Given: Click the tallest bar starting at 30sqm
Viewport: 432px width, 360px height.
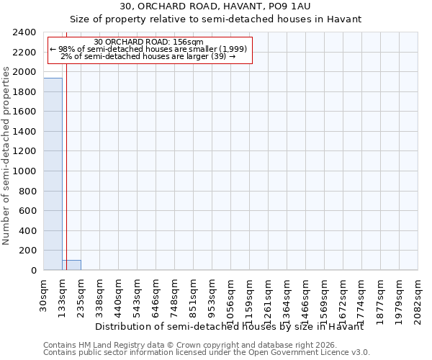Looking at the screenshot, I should tap(53, 174).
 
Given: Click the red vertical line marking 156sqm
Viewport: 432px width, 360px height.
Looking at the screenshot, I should tap(66, 158).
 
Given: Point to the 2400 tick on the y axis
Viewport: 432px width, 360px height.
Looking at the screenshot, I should tap(25, 32).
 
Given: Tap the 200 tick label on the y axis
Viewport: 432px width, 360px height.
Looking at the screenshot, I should tap(28, 251).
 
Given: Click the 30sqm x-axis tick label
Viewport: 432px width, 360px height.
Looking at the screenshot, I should tap(44, 293).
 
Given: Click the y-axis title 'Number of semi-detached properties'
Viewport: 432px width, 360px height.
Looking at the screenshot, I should tap(6, 156).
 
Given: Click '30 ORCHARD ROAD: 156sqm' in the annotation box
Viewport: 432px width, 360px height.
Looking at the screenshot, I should tap(149, 42).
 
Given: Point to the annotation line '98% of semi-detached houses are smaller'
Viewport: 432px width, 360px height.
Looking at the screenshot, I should tap(149, 49).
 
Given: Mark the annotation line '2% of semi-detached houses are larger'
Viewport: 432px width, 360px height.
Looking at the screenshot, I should tap(149, 56).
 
